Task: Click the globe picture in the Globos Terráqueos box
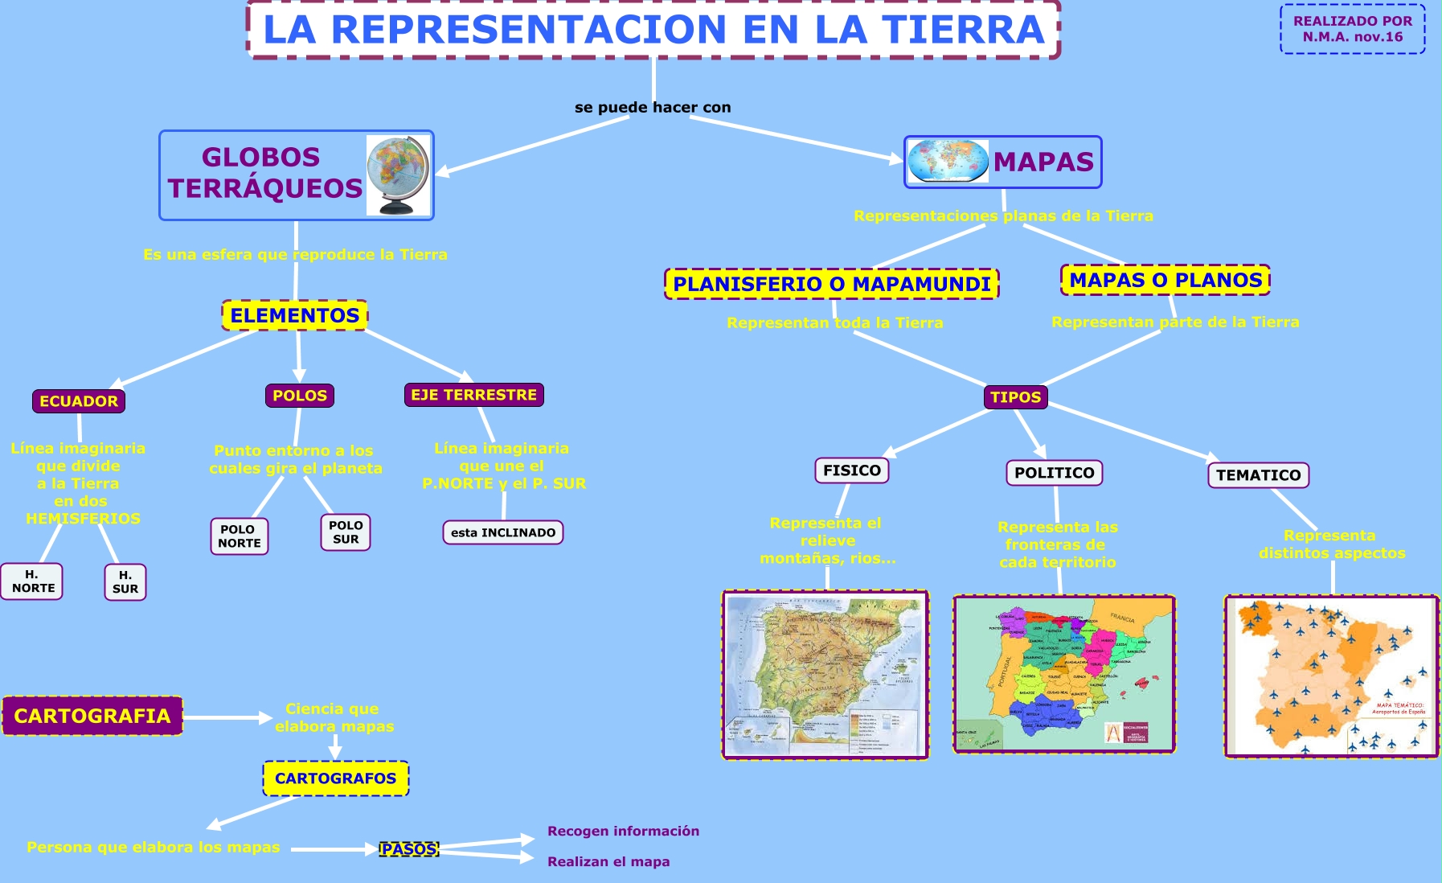[x=398, y=175]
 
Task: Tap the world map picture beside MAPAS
[x=948, y=161]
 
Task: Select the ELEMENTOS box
[x=295, y=315]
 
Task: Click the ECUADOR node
[x=79, y=400]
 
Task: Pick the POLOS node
[x=300, y=395]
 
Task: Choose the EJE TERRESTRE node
[x=473, y=394]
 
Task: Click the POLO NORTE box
[x=239, y=536]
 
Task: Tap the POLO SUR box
[x=346, y=532]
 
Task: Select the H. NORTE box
[x=33, y=581]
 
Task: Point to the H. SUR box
[x=125, y=582]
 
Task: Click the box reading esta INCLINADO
[x=503, y=532]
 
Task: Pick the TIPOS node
[x=1015, y=396]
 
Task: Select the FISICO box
[x=852, y=470]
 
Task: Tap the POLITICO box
[x=1054, y=473]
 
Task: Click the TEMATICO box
[x=1258, y=475]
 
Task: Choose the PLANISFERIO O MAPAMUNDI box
[x=832, y=284]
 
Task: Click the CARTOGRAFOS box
[x=336, y=778]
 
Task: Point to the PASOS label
[x=409, y=849]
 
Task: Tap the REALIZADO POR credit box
[x=1353, y=29]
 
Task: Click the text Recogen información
[x=623, y=831]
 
